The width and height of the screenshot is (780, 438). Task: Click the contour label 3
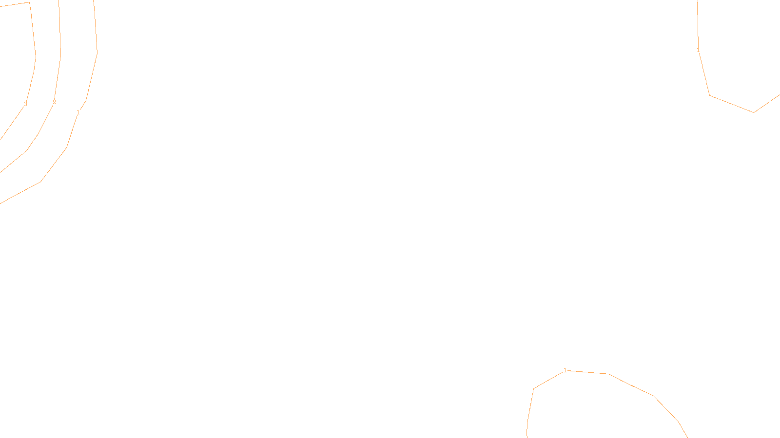(x=25, y=104)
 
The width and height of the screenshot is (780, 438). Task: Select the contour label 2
(x=54, y=102)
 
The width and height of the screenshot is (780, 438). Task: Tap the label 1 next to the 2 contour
(x=78, y=112)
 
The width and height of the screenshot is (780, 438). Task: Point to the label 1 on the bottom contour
(x=565, y=370)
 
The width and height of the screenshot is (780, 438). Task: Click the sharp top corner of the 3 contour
(x=29, y=2)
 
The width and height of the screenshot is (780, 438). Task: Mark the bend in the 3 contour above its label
(x=36, y=56)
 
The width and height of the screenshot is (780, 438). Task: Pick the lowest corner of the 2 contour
(x=26, y=151)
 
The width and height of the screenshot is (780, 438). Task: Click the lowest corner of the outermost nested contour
(x=41, y=182)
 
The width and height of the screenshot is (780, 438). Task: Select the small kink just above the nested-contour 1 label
(x=86, y=101)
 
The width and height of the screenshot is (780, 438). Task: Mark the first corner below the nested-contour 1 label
(x=67, y=147)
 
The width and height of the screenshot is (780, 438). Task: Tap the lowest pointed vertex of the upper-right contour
(x=754, y=112)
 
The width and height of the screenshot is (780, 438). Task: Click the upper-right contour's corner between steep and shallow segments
(x=709, y=95)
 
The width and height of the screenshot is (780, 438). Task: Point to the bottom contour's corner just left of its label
(x=534, y=388)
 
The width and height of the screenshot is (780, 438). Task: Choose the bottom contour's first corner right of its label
(x=609, y=374)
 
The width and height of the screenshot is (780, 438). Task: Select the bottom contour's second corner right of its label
(x=654, y=396)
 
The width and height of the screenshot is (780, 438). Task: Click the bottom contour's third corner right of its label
(x=679, y=421)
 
